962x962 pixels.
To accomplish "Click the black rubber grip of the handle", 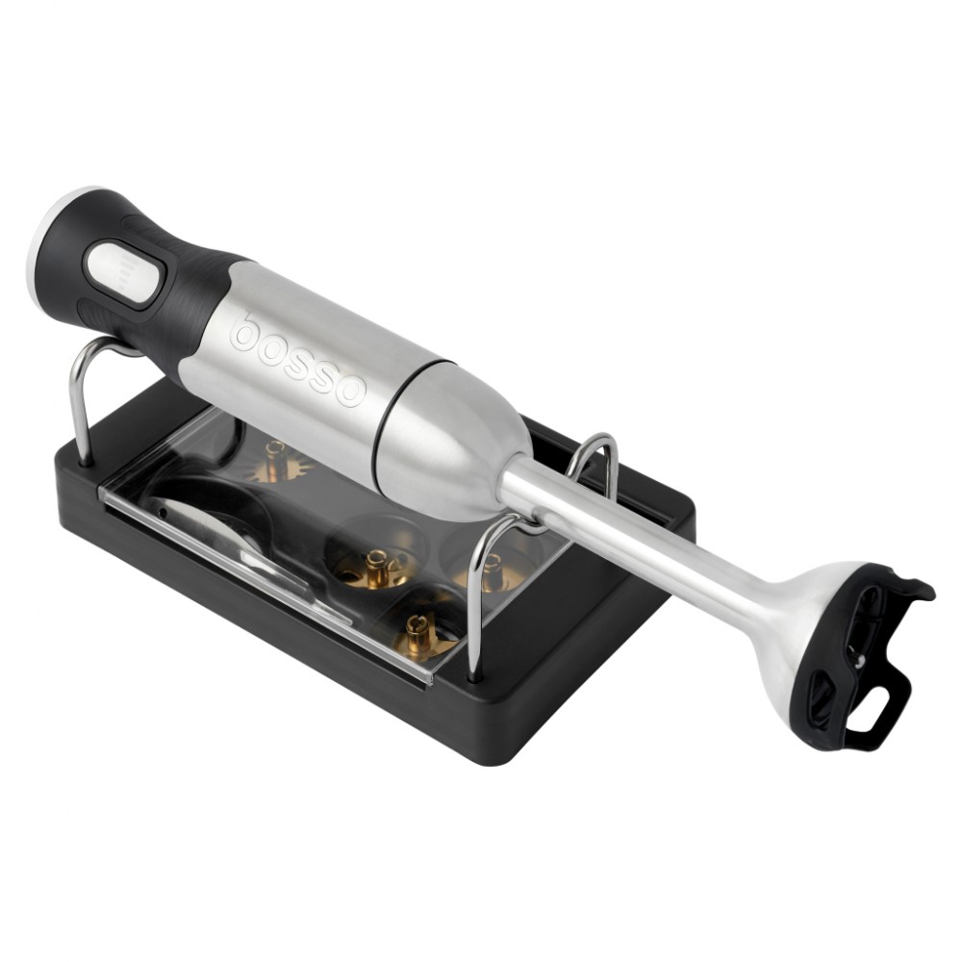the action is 147,270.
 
